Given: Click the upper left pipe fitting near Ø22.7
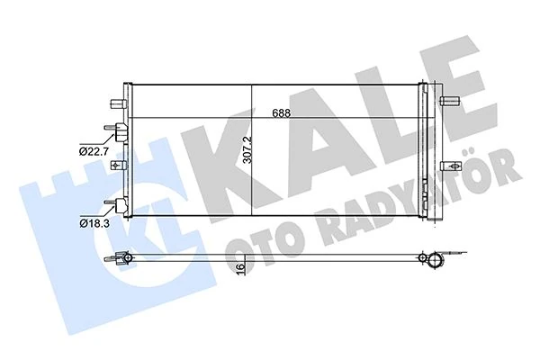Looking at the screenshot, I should (118, 131).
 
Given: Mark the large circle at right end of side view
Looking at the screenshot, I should (436, 262).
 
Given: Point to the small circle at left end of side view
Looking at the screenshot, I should (128, 260).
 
